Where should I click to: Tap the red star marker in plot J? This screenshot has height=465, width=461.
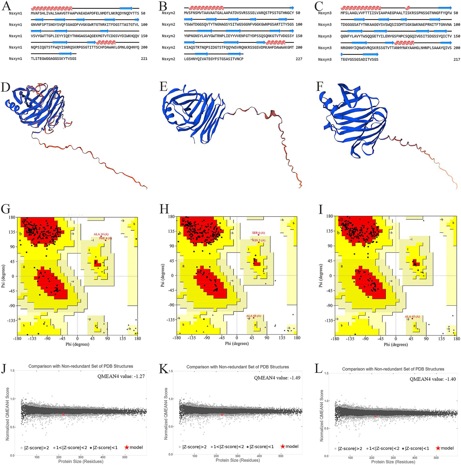pos(63,414)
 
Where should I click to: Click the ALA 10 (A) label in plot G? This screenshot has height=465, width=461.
pos(101,234)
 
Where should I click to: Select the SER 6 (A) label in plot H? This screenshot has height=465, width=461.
pos(258,233)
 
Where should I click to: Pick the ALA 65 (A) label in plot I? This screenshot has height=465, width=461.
pos(412,316)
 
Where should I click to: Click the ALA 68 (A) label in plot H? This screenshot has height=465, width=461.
pos(253,316)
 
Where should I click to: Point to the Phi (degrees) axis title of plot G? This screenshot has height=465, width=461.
pos(77,344)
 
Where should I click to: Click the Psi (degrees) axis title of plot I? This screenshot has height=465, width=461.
pos(322,276)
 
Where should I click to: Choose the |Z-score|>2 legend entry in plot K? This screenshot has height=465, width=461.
pos(193,447)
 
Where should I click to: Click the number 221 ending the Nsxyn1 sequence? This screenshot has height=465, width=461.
pos(144,59)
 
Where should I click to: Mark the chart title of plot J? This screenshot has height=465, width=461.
pos(81,366)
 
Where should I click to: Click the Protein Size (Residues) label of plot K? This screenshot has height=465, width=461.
pos(237,460)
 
